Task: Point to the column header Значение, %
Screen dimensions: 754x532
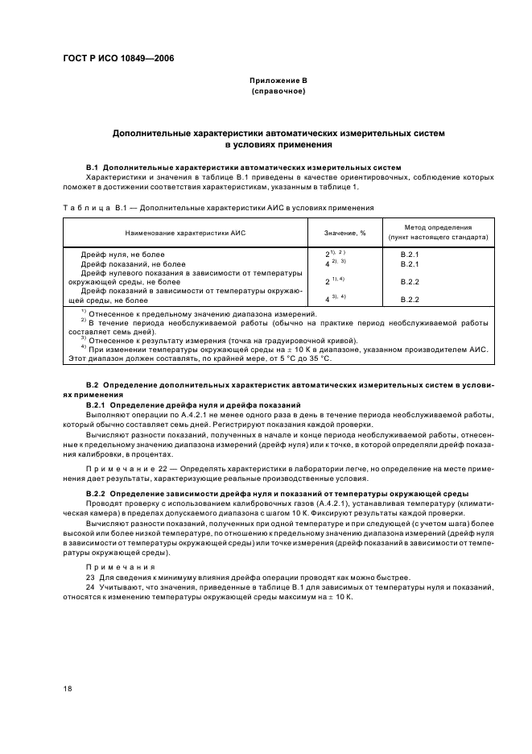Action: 344,233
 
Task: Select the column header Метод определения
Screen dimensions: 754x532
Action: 438,228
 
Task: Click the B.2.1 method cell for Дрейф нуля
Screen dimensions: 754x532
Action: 410,255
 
